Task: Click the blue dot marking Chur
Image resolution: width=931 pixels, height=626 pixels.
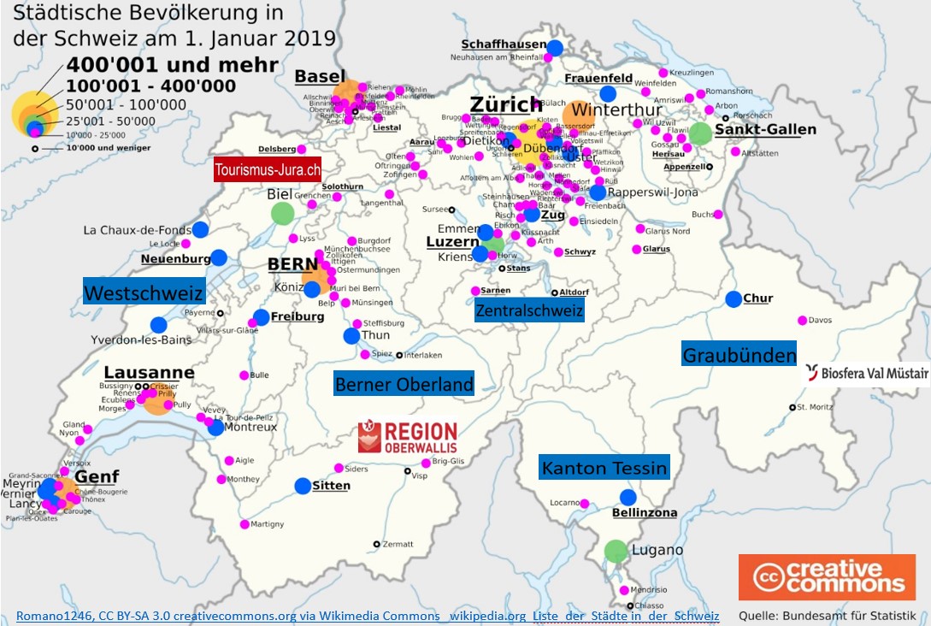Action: point(734,299)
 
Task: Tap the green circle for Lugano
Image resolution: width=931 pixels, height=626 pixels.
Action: point(616,552)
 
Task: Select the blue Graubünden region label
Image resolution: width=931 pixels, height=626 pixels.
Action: point(739,354)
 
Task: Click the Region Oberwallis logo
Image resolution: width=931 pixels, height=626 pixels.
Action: point(408,436)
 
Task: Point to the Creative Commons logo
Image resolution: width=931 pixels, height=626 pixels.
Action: point(827,577)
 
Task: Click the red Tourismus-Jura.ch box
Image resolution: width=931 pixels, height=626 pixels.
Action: point(268,169)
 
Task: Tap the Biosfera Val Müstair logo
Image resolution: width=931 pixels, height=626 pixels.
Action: point(865,373)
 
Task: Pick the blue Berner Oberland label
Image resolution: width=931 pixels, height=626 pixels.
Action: point(404,385)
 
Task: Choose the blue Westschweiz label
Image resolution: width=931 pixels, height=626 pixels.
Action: point(144,292)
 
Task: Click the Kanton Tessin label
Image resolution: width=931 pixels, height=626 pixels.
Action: point(604,468)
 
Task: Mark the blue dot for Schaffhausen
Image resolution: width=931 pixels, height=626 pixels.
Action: point(555,48)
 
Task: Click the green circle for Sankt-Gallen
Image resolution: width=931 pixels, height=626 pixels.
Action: point(700,133)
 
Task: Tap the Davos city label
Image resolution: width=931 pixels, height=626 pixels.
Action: point(820,321)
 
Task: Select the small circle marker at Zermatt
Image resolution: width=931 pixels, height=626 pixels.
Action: point(376,544)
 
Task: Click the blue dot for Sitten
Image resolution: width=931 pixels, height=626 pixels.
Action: point(303,486)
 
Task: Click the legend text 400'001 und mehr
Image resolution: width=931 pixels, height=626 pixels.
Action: point(172,65)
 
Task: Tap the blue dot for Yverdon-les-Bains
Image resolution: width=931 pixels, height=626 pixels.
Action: point(158,325)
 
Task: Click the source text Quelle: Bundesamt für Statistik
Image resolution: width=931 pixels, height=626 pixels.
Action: point(827,616)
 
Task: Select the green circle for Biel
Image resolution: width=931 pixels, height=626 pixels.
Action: point(281,213)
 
